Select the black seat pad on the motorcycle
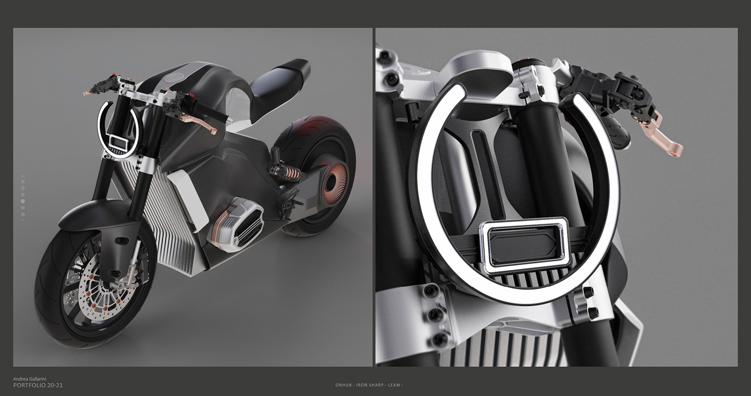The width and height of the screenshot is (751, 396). (282, 78)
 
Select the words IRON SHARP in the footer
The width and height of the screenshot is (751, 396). (371, 385)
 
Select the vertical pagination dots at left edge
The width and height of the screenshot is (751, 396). (23, 196)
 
